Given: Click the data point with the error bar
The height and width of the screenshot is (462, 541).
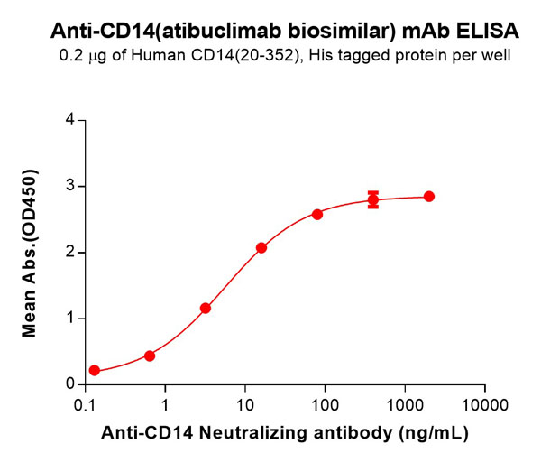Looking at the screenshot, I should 373,199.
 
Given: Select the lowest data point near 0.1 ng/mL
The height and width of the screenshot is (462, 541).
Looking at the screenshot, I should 95,371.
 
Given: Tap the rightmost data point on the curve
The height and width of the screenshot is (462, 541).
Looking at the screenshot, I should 429,197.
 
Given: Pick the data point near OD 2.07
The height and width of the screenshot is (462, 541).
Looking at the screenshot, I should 261,247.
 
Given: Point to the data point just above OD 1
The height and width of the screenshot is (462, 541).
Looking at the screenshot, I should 206,308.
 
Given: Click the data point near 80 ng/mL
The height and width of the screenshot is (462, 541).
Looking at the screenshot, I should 317,214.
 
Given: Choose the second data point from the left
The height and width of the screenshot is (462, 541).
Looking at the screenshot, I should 150,356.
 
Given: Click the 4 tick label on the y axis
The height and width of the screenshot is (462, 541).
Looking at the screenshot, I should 69,120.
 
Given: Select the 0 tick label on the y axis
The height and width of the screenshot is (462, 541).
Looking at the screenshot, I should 69,384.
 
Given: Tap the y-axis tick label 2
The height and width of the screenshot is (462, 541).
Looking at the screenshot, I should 69,253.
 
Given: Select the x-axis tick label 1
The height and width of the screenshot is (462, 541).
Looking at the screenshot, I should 166,402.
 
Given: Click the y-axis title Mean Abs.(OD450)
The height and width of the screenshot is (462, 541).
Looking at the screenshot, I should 30,253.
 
